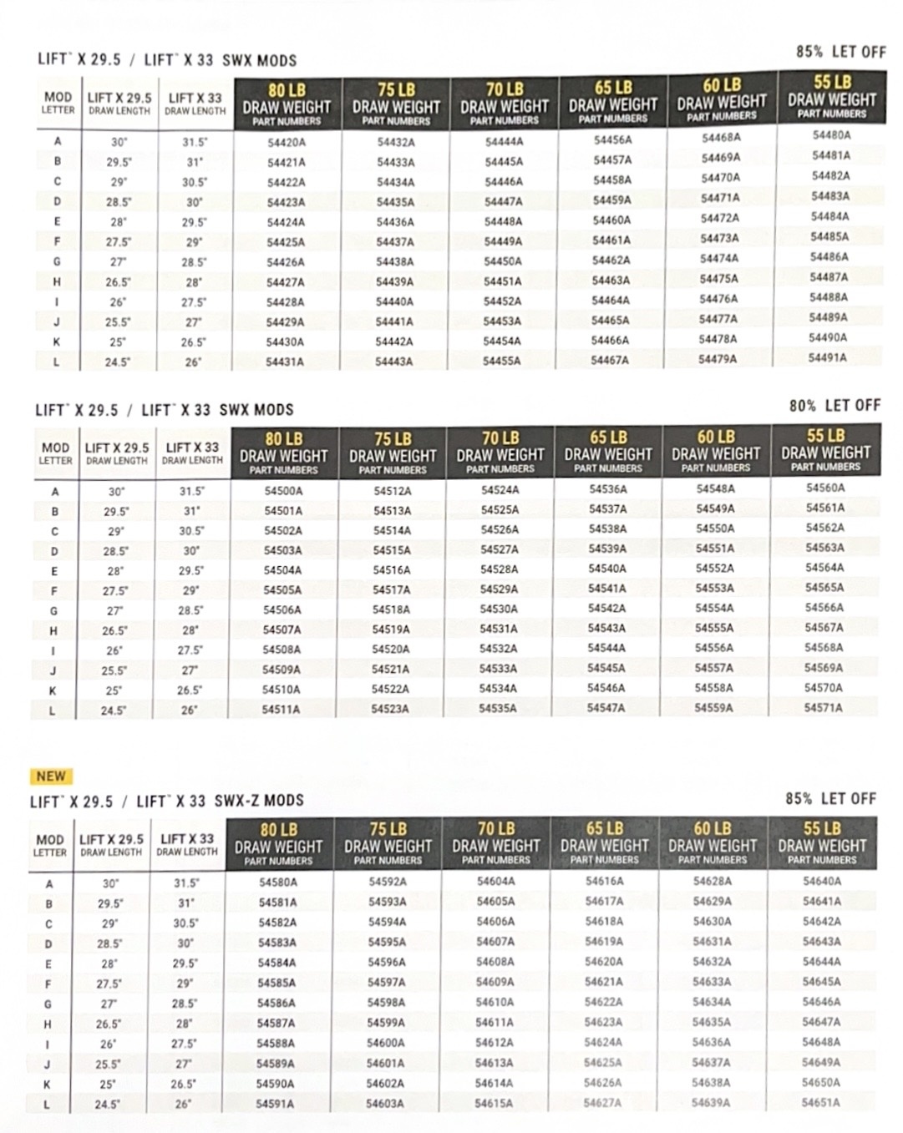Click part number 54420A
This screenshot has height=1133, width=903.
(x=286, y=142)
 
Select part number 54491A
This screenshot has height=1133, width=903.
(x=827, y=357)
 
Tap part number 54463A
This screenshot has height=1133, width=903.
(x=611, y=281)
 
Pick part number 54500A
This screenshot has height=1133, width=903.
(x=283, y=491)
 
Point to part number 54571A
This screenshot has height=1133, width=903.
(x=823, y=707)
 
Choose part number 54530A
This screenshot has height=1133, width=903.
(x=499, y=609)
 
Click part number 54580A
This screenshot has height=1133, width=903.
(x=278, y=882)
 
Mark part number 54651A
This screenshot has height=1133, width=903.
(x=821, y=1102)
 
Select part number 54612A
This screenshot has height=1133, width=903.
(x=494, y=1042)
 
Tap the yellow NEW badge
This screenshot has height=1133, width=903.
(x=51, y=776)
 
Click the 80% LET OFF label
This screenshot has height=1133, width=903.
(x=835, y=406)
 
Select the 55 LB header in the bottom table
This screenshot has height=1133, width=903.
(x=822, y=828)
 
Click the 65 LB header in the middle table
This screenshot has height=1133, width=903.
(x=607, y=438)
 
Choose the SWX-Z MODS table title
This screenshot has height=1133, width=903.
(x=167, y=801)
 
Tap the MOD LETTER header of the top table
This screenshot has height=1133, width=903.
(x=58, y=103)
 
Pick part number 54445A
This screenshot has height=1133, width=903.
(x=504, y=161)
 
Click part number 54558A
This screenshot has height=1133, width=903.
(x=714, y=688)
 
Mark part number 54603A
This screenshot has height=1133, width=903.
(x=384, y=1103)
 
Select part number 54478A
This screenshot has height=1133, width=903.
(x=718, y=338)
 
